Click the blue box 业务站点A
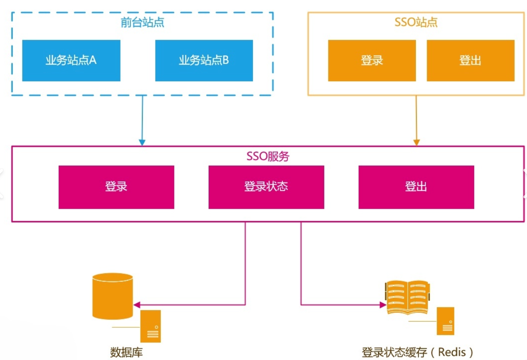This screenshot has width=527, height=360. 71,60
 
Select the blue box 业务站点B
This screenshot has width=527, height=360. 204,60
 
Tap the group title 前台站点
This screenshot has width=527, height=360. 142,22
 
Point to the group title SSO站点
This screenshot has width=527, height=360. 416,22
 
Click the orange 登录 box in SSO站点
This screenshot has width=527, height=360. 372,60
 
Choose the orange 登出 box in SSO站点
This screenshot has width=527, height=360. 470,60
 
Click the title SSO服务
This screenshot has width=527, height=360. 268,156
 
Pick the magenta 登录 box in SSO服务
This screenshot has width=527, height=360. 116,187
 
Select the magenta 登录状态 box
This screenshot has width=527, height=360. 266,187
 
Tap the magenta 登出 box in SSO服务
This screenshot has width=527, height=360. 416,187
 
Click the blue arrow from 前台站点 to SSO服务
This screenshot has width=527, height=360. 142,121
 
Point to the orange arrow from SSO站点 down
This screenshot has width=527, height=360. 416,121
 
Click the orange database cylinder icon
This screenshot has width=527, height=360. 113,296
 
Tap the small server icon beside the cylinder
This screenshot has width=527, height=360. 150,326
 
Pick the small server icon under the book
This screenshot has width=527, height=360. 445,321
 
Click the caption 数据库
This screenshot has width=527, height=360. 126,352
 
